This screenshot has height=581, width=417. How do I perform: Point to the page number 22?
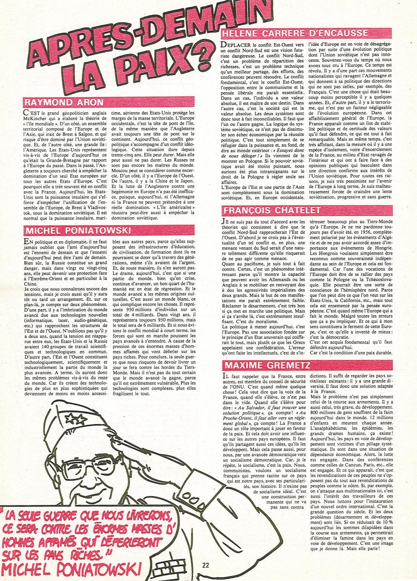206,565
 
